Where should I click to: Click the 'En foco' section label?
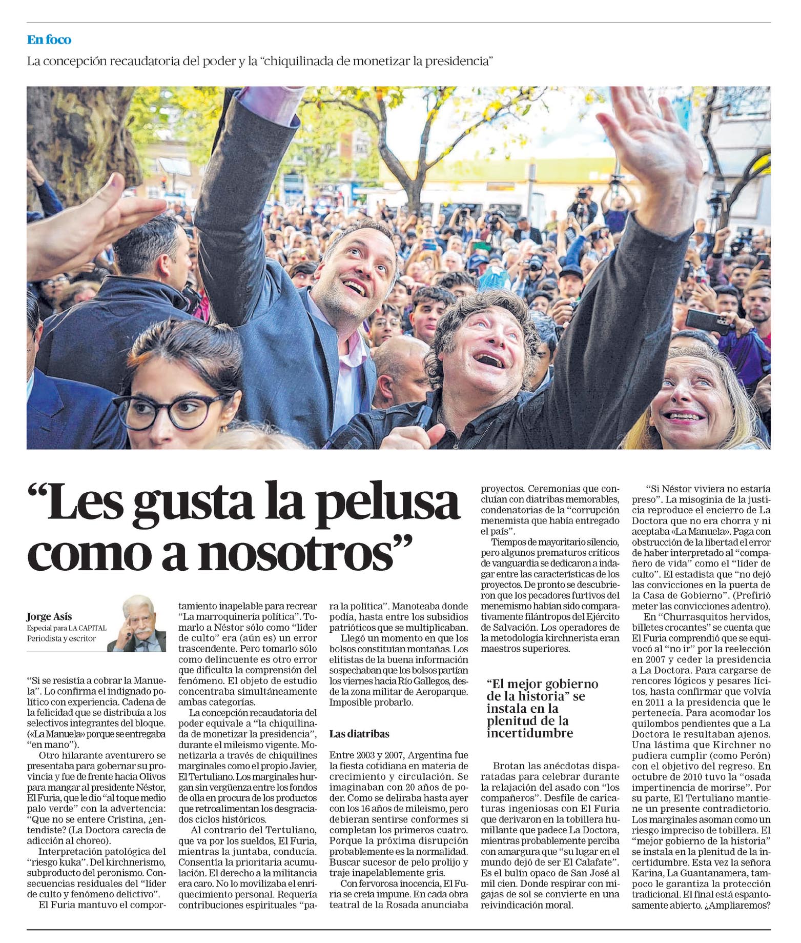click(x=49, y=39)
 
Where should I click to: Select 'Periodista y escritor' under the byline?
click(x=61, y=638)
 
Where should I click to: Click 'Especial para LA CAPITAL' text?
click(x=67, y=628)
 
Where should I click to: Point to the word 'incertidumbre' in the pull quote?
click(x=529, y=733)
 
